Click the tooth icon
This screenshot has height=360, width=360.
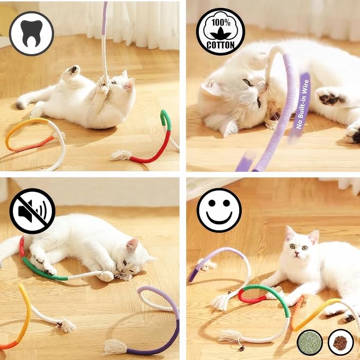32,33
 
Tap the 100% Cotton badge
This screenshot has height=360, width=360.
221,32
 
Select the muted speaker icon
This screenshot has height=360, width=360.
32,211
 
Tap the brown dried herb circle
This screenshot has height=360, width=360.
340,342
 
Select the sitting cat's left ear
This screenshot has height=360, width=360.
289,233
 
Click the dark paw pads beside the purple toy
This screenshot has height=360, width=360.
330,97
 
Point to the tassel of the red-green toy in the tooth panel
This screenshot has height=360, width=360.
121,155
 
